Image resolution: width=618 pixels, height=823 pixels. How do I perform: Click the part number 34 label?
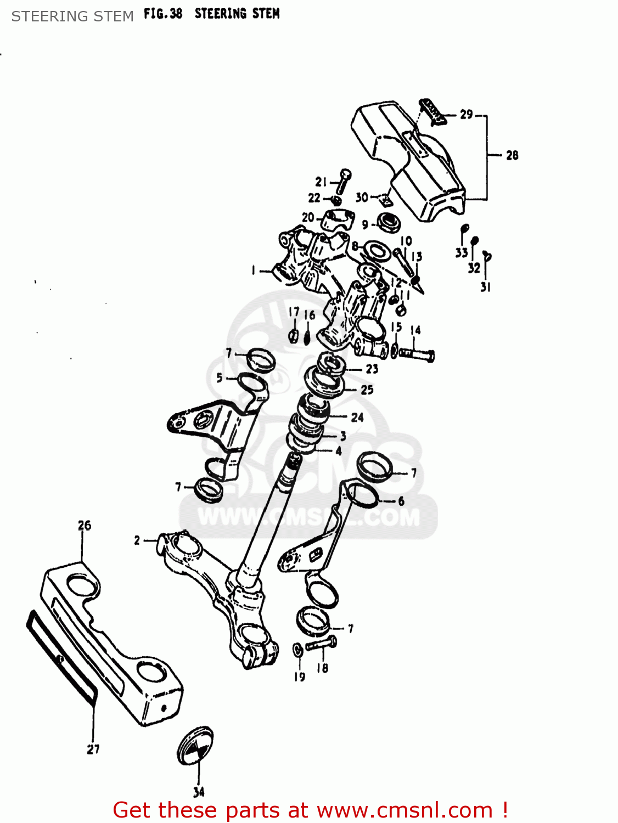pos(199,792)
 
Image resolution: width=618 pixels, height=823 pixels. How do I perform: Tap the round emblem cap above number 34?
pos(195,747)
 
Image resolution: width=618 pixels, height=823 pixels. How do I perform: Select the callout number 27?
pos(93,749)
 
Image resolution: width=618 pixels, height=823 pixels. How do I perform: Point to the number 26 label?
pos(84,526)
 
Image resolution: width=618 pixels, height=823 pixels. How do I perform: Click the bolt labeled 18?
pos(321,645)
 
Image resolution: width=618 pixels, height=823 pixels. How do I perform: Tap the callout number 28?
pos(512,155)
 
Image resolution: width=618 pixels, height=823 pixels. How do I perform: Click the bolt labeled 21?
pos(344,181)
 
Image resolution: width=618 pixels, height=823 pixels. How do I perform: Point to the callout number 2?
pos(137,540)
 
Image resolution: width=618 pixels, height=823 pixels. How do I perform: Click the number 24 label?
pos(357,418)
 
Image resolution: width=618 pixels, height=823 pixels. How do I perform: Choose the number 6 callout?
pos(401,500)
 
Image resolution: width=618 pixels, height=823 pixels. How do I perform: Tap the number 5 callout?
pos(220,377)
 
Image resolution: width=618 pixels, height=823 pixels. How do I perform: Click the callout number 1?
pos(253,270)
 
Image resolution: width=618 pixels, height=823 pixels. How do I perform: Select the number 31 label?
pos(485,287)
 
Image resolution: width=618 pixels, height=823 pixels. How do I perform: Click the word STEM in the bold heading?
pos(265,14)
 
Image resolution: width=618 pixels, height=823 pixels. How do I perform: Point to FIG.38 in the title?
pos(163,14)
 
